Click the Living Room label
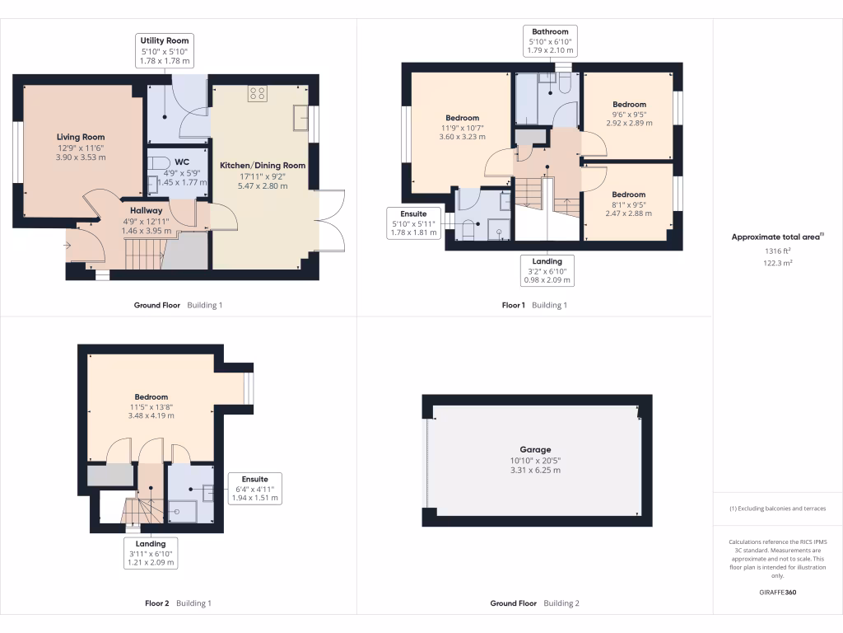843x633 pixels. click(81, 137)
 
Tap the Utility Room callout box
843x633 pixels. click(165, 51)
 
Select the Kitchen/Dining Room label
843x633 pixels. click(263, 166)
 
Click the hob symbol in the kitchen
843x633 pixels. click(257, 93)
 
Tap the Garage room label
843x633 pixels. click(535, 450)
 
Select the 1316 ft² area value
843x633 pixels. click(778, 251)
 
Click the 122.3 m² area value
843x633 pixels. click(778, 263)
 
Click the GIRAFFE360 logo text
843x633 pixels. click(778, 593)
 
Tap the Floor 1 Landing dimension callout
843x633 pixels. click(547, 270)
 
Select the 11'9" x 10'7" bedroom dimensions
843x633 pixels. click(462, 128)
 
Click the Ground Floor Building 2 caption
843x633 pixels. click(534, 603)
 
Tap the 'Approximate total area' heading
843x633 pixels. click(777, 237)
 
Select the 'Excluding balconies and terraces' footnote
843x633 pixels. click(778, 509)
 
